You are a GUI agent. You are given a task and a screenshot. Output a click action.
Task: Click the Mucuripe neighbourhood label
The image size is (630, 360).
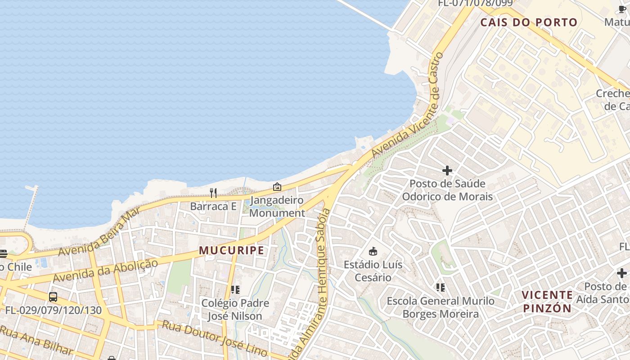click(232, 251)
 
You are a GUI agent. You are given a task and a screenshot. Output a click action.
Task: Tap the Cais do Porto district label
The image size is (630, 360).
click(529, 22)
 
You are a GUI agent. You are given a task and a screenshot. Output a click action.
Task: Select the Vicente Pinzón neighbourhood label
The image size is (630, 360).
click(547, 301)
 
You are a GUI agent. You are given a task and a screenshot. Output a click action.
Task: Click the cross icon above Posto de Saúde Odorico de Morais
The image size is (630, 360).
click(447, 171)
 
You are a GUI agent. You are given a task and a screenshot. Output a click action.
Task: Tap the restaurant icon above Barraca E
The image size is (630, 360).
click(213, 193)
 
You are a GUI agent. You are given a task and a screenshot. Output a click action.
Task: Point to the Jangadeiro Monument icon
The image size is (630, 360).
click(277, 186)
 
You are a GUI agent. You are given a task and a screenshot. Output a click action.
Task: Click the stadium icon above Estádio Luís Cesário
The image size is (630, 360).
click(373, 251)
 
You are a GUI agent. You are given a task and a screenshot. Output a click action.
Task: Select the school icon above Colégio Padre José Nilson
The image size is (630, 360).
click(235, 289)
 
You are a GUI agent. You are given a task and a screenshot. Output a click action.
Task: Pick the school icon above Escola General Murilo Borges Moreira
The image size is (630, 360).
click(440, 287)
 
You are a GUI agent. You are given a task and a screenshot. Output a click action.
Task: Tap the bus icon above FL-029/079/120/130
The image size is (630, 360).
click(53, 297)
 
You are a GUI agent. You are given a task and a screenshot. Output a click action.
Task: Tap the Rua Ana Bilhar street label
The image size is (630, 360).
click(36, 341)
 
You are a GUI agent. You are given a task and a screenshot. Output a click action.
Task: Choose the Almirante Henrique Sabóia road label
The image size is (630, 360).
click(313, 283)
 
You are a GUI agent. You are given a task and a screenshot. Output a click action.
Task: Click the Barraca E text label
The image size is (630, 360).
click(213, 207)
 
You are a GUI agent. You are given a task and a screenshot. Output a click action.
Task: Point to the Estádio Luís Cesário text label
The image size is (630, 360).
click(373, 271)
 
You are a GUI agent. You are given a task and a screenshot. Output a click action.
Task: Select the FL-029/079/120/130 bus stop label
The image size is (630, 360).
click(53, 310)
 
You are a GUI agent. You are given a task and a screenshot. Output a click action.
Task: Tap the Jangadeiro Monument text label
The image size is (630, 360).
click(277, 207)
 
